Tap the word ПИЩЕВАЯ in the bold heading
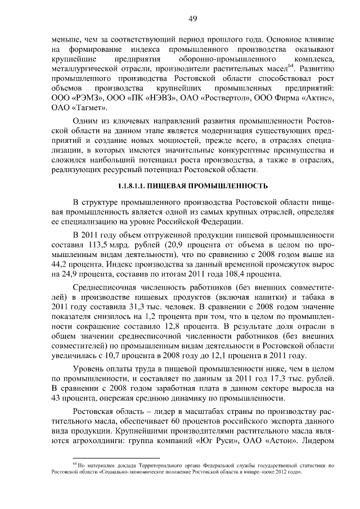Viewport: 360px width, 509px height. [x=173, y=186]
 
